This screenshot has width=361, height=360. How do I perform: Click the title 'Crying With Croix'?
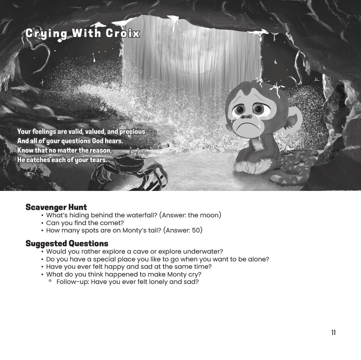[82, 33]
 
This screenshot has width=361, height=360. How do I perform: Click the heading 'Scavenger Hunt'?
[56, 207]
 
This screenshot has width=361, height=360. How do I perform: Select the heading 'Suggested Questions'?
[67, 243]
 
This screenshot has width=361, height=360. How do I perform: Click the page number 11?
[333, 333]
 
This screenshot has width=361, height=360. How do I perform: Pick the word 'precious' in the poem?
[132, 131]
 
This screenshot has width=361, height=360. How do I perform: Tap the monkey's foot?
[261, 167]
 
